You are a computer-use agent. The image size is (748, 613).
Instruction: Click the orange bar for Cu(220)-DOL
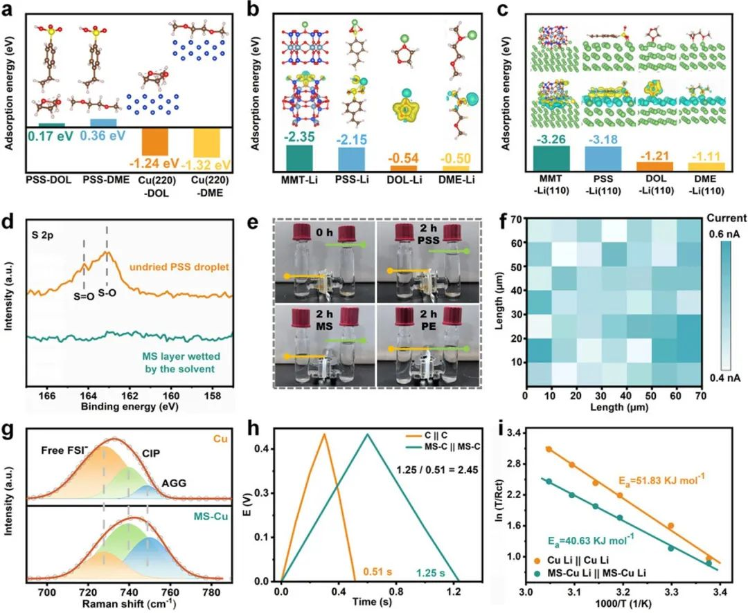coord(154,142)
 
